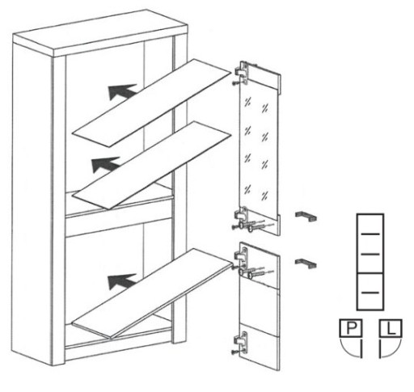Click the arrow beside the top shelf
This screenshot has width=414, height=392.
point(121,91)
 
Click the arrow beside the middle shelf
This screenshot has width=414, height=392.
point(104,164)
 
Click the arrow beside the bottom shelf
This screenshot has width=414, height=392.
point(120,281)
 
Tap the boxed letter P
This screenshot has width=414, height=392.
point(350,328)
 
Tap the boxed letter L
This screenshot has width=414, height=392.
point(391,328)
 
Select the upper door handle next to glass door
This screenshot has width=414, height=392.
point(306,217)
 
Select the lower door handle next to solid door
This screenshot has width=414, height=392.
point(306,263)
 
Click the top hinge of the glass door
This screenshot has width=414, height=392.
point(242,72)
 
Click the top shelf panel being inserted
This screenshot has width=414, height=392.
point(151,103)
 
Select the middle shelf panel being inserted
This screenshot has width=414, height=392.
point(152,165)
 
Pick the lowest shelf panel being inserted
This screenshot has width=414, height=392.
point(152,293)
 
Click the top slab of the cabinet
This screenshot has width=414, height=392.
point(100,33)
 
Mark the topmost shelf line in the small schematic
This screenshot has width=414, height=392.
point(370,234)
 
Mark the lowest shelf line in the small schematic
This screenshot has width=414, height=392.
point(370,293)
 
